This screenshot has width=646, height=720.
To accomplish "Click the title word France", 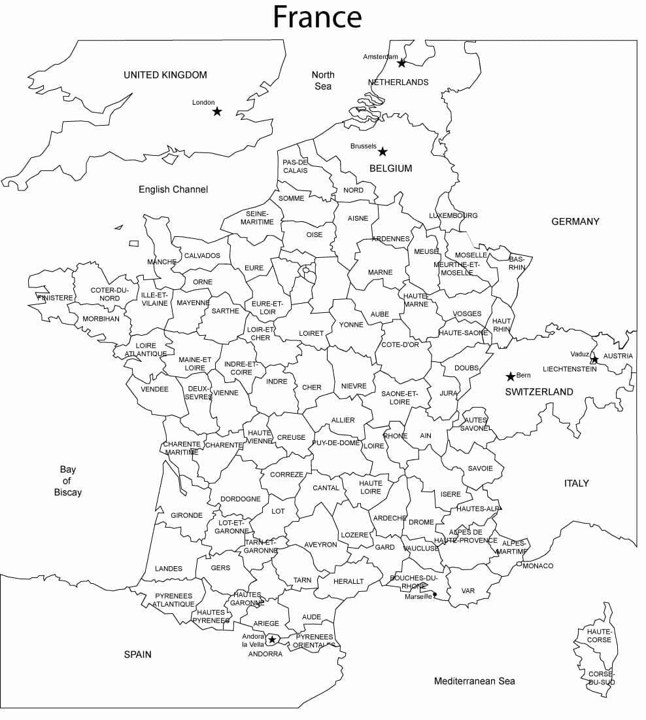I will [x=317, y=17].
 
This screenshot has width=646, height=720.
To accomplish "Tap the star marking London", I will [x=217, y=112].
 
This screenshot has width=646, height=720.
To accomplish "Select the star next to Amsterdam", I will [x=401, y=63].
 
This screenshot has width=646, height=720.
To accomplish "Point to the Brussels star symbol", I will [x=382, y=152].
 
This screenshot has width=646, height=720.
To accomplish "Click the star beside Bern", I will [x=510, y=376].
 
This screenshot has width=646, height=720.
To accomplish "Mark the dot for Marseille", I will [x=435, y=595].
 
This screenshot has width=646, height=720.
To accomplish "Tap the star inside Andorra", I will [x=272, y=639].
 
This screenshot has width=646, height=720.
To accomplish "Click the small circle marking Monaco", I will [x=518, y=564].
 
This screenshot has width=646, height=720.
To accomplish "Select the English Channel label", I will [x=173, y=190].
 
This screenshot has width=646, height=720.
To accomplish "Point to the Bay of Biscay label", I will [x=68, y=481].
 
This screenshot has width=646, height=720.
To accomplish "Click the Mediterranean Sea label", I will [x=474, y=681].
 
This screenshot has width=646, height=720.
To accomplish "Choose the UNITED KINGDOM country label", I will [x=165, y=75].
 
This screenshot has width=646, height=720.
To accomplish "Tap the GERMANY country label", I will [x=575, y=222].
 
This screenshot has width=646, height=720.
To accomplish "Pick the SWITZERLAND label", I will [x=539, y=392].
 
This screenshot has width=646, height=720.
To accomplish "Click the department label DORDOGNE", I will [x=240, y=499].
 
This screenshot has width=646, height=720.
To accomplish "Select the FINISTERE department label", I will [x=56, y=298].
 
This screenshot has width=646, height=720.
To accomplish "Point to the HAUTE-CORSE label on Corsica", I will [x=599, y=636].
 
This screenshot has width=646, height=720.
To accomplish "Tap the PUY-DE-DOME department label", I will [x=336, y=443].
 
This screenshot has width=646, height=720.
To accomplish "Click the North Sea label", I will [x=322, y=81].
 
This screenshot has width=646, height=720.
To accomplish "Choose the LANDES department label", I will [x=169, y=569].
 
